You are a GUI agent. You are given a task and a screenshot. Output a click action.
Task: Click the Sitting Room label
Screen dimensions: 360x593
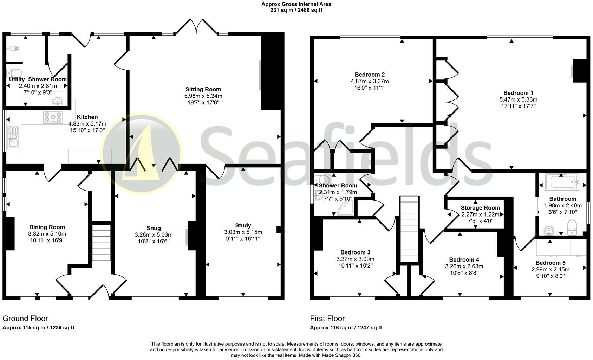point(203,89)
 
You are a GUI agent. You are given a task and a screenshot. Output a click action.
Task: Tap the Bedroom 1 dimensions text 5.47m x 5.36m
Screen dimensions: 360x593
point(518,99)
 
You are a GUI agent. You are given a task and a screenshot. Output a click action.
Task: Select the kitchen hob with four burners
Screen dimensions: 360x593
point(53,117)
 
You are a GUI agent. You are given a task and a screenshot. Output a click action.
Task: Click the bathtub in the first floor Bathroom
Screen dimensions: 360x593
point(562,182)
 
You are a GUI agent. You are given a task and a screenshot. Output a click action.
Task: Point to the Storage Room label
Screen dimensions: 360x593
point(480,208)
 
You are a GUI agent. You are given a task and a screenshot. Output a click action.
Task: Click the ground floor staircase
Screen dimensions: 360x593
point(101,243)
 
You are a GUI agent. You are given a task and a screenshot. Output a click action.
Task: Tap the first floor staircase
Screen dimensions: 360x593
point(410,229)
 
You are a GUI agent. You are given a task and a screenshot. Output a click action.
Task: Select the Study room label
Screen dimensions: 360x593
point(243,225)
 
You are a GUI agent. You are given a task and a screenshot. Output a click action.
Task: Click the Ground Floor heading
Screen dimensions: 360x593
point(25,319)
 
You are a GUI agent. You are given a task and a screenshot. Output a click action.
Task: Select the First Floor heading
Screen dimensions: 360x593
point(327,319)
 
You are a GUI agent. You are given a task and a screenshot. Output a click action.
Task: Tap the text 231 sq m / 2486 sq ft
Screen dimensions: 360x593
point(296,10)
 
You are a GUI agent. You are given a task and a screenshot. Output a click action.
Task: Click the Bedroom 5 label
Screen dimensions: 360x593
point(550,263)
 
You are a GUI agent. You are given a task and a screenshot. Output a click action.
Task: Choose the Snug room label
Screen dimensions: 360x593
point(154,228)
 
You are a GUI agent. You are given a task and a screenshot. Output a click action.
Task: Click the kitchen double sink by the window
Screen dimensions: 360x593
point(13,137)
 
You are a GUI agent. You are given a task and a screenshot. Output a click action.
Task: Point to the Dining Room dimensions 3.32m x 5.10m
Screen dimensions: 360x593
point(47,234)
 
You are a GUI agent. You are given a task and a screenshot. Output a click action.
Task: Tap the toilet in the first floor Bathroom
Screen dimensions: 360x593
point(572,226)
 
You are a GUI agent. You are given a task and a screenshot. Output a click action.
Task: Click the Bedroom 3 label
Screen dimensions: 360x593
point(355,252)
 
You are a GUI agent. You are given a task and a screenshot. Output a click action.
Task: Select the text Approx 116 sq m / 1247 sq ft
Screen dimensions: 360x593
point(346,328)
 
